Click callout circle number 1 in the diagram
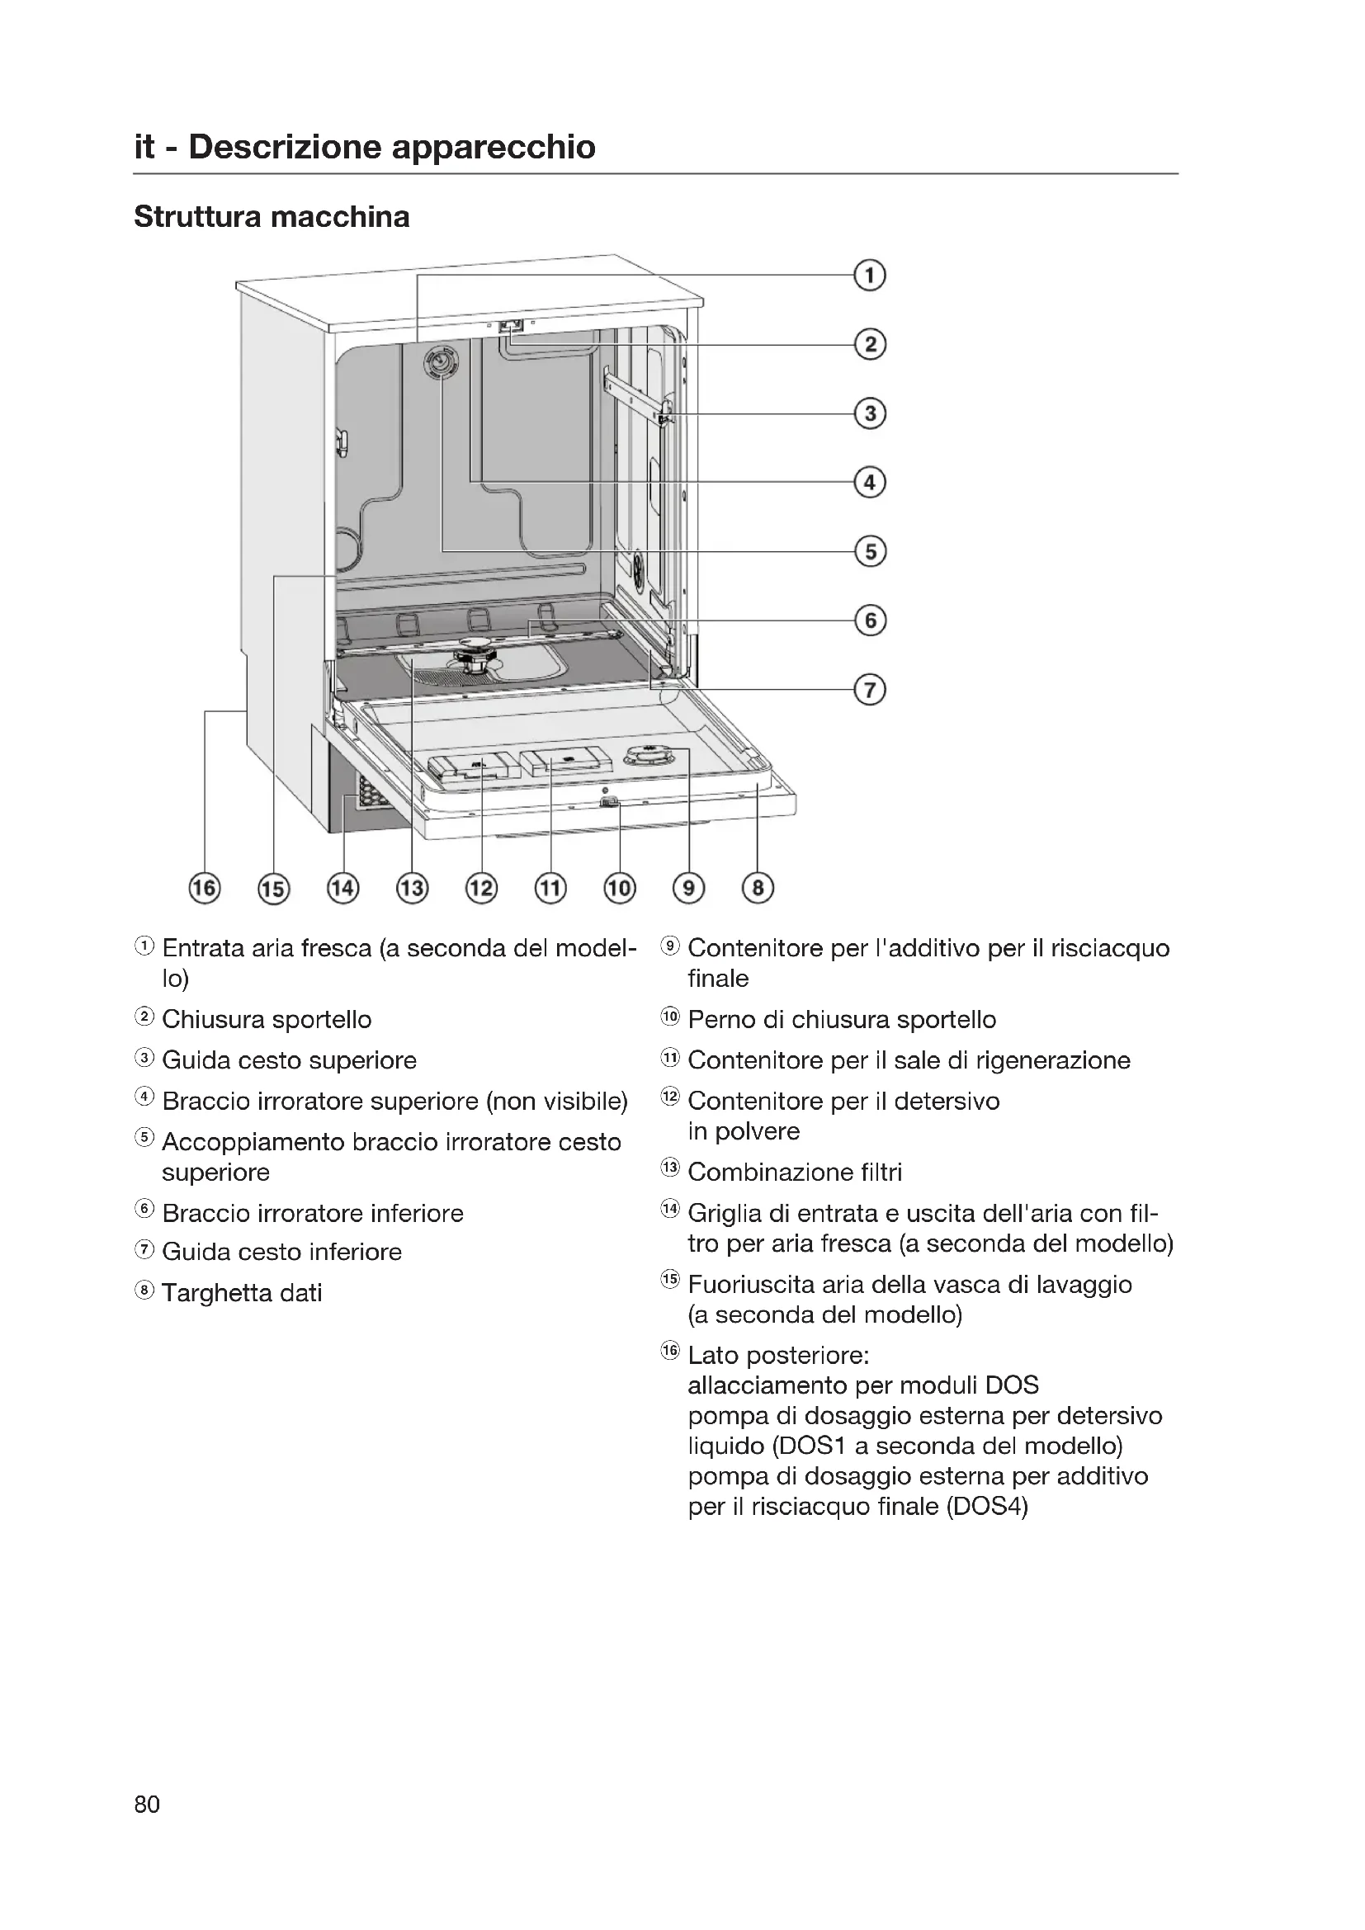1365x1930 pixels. tap(870, 276)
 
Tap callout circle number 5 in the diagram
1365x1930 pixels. tap(870, 551)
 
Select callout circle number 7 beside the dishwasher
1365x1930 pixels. tap(870, 690)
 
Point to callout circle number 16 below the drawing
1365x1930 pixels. tap(204, 888)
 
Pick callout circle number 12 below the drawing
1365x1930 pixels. tap(482, 888)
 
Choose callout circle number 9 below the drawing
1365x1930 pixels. tap(688, 888)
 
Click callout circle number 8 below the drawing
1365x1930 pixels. tap(758, 888)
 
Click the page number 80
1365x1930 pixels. tap(147, 1804)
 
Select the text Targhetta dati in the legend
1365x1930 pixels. tap(242, 1293)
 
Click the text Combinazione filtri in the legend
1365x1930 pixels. tap(794, 1172)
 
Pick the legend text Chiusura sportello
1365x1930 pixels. tap(267, 1020)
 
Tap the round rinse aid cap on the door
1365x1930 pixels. tap(648, 756)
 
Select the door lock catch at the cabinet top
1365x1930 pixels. tap(511, 325)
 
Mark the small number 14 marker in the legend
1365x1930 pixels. tap(670, 1210)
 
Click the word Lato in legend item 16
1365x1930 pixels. tap(714, 1356)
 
